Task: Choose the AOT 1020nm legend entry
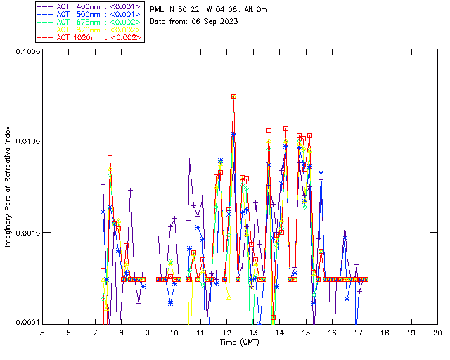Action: pos(90,37)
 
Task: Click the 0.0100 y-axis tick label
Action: pos(26,142)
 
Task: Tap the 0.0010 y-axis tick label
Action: pos(26,233)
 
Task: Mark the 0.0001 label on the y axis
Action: pos(26,323)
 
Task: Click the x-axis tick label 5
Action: pos(42,331)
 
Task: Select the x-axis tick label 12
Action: pos(226,331)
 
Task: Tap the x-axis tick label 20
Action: pos(437,331)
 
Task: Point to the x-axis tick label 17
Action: pos(359,331)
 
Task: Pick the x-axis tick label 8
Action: pos(121,331)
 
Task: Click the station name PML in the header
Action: pos(158,10)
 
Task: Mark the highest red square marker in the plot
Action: pos(233,96)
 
